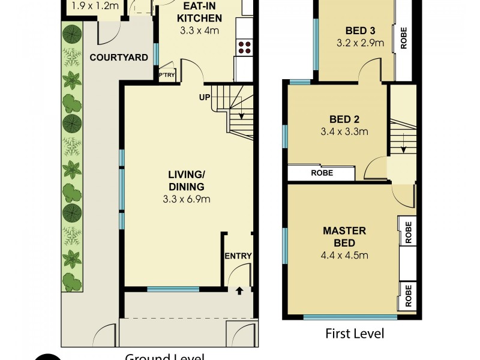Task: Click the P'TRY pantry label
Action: click(164, 76)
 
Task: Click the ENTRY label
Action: click(238, 256)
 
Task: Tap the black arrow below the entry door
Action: click(239, 291)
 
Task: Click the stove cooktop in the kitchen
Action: click(245, 47)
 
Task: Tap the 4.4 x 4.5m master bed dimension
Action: click(344, 255)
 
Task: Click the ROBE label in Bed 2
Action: click(322, 173)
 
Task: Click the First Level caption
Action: click(354, 334)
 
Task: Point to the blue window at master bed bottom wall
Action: click(350, 316)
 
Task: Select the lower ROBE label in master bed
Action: click(409, 295)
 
